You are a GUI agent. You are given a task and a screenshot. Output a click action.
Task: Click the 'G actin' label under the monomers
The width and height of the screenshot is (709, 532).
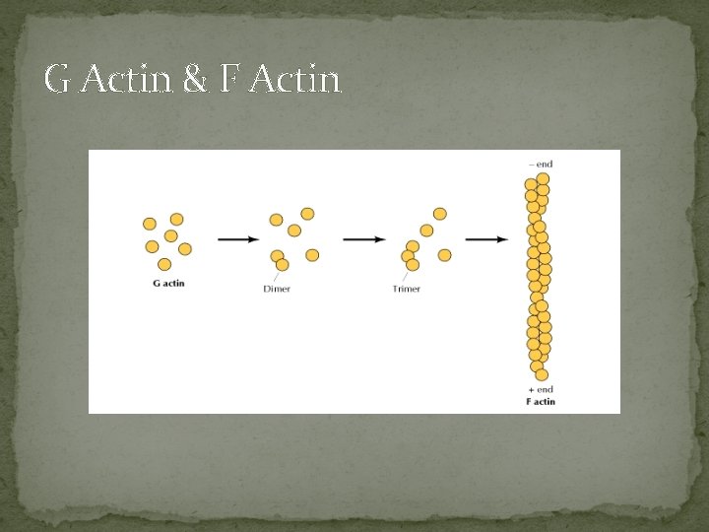168,284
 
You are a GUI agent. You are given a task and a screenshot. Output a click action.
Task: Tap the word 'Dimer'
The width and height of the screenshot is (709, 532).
277,289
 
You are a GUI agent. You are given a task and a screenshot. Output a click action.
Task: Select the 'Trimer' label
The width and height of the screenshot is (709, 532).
406,289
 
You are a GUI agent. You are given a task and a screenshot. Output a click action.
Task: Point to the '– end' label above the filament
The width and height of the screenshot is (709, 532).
541,164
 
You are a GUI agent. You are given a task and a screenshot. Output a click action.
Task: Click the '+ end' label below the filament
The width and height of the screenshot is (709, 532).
541,390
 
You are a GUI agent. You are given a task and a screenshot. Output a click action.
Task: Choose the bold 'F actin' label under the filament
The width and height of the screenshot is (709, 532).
541,401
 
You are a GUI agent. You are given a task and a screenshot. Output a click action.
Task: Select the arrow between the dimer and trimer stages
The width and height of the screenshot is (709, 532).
365,238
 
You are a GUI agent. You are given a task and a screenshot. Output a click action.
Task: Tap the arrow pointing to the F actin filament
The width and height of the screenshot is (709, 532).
486,238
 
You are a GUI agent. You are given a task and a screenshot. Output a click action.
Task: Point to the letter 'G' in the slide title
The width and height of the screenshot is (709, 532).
57,80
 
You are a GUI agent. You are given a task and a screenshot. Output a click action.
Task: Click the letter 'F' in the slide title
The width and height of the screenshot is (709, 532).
229,80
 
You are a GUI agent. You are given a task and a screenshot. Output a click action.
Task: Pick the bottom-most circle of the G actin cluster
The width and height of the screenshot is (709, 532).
164,264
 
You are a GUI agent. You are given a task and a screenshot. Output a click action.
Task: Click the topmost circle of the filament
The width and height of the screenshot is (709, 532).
543,178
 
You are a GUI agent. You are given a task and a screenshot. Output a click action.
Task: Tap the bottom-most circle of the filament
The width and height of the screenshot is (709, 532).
542,374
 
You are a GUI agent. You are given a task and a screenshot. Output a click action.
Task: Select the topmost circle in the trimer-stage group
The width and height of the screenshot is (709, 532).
439,214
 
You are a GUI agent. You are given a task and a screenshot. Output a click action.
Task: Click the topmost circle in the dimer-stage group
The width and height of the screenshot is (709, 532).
307,214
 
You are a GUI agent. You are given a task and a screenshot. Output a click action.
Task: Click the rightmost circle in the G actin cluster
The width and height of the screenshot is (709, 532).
185,249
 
